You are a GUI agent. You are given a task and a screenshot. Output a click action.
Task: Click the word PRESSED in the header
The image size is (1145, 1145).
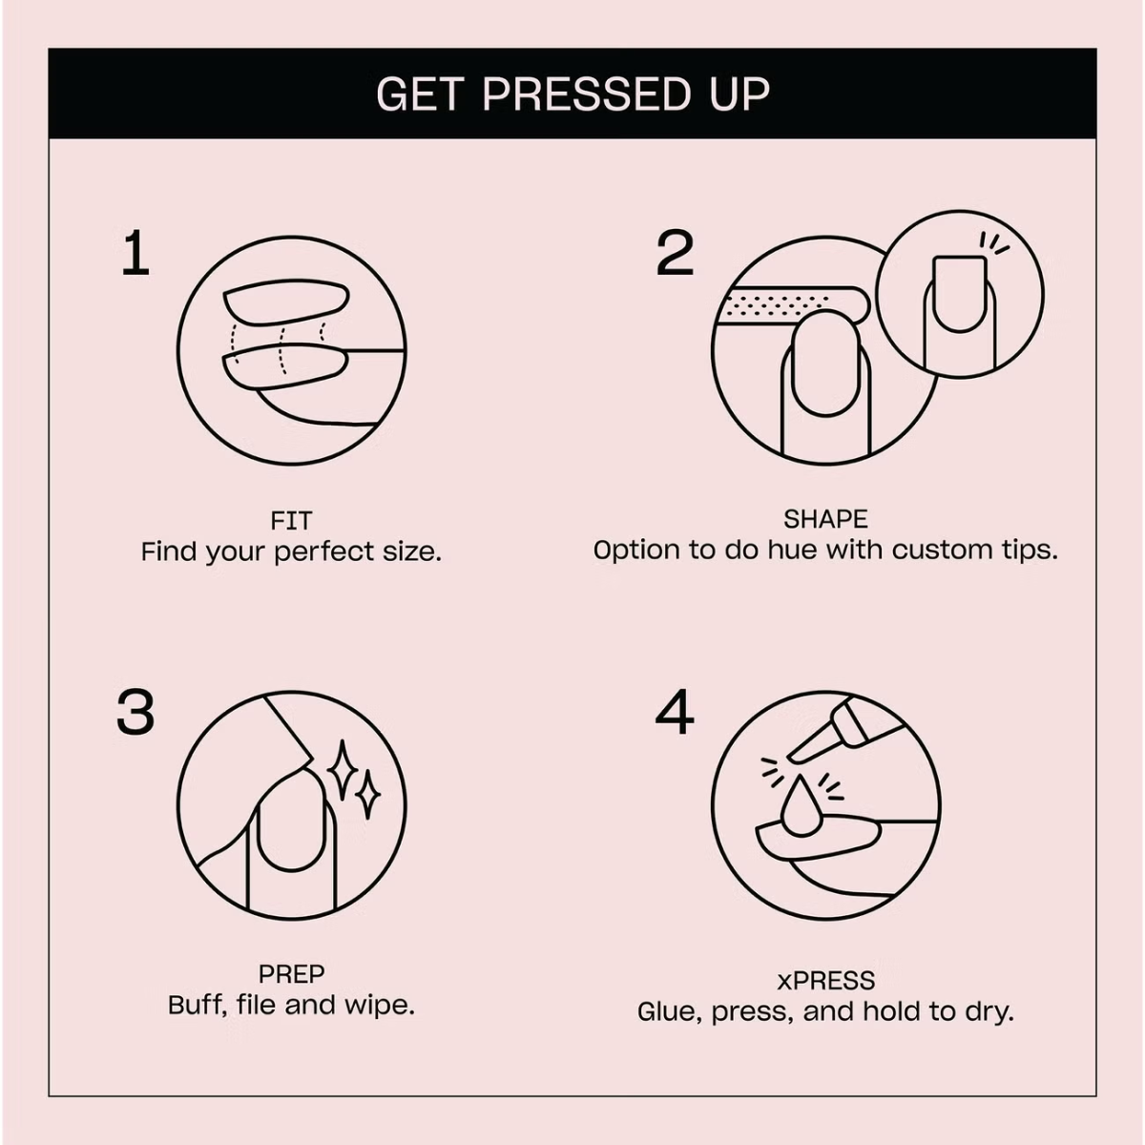(587, 94)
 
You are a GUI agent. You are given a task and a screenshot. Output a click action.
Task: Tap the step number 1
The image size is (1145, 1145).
(135, 253)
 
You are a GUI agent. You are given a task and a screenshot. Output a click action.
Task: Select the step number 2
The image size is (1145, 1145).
(675, 253)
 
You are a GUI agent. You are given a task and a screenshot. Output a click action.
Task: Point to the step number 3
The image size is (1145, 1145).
(135, 711)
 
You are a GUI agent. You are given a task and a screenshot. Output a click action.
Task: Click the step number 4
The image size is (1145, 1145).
(675, 711)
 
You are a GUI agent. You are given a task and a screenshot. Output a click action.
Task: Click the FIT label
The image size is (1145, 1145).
(291, 521)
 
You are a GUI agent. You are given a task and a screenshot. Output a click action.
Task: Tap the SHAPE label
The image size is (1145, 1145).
(825, 519)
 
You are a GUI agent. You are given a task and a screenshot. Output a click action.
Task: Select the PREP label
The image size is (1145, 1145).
(291, 974)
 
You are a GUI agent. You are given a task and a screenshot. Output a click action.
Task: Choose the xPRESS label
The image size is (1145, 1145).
(826, 981)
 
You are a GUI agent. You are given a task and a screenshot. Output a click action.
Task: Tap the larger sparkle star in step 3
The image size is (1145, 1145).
(343, 770)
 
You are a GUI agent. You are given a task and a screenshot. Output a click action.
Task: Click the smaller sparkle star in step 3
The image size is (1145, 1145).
(367, 795)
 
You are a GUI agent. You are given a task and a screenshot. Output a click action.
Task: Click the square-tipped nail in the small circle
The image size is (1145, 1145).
(960, 294)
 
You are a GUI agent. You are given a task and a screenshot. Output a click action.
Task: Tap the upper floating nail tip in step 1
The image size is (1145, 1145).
(286, 302)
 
